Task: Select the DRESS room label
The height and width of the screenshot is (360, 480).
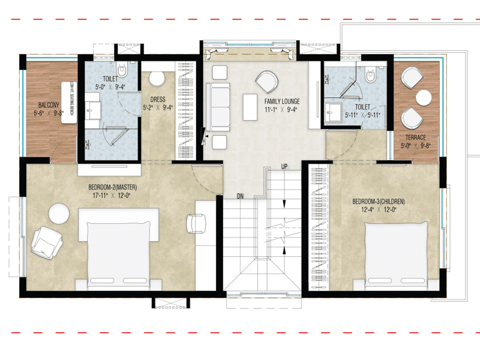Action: click(158, 100)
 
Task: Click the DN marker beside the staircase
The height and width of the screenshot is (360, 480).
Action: click(239, 196)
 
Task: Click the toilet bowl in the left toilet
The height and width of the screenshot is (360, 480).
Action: click(122, 71)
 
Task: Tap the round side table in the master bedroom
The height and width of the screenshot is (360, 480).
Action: click(59, 214)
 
